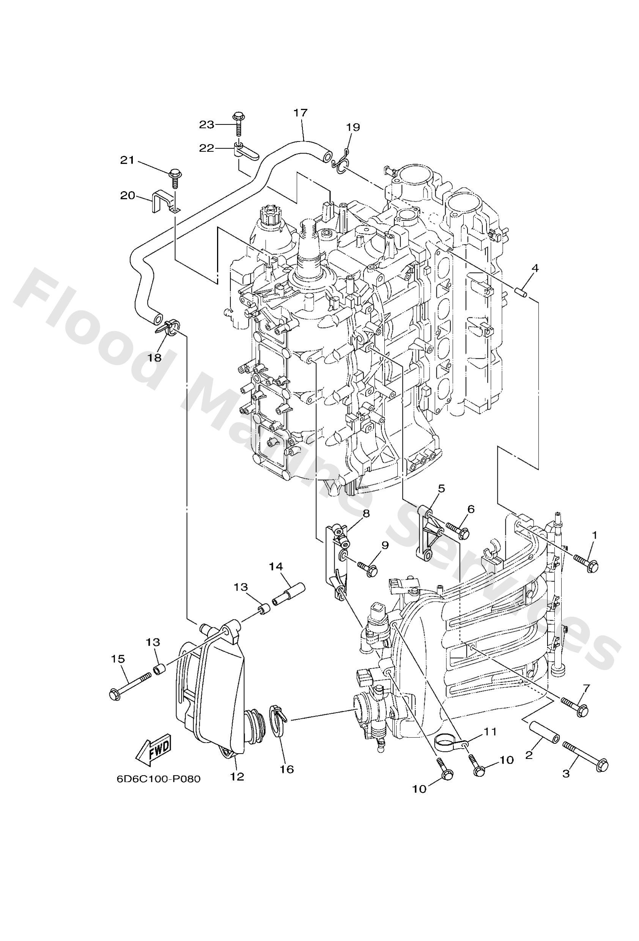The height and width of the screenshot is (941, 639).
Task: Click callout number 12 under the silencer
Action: coord(237,776)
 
